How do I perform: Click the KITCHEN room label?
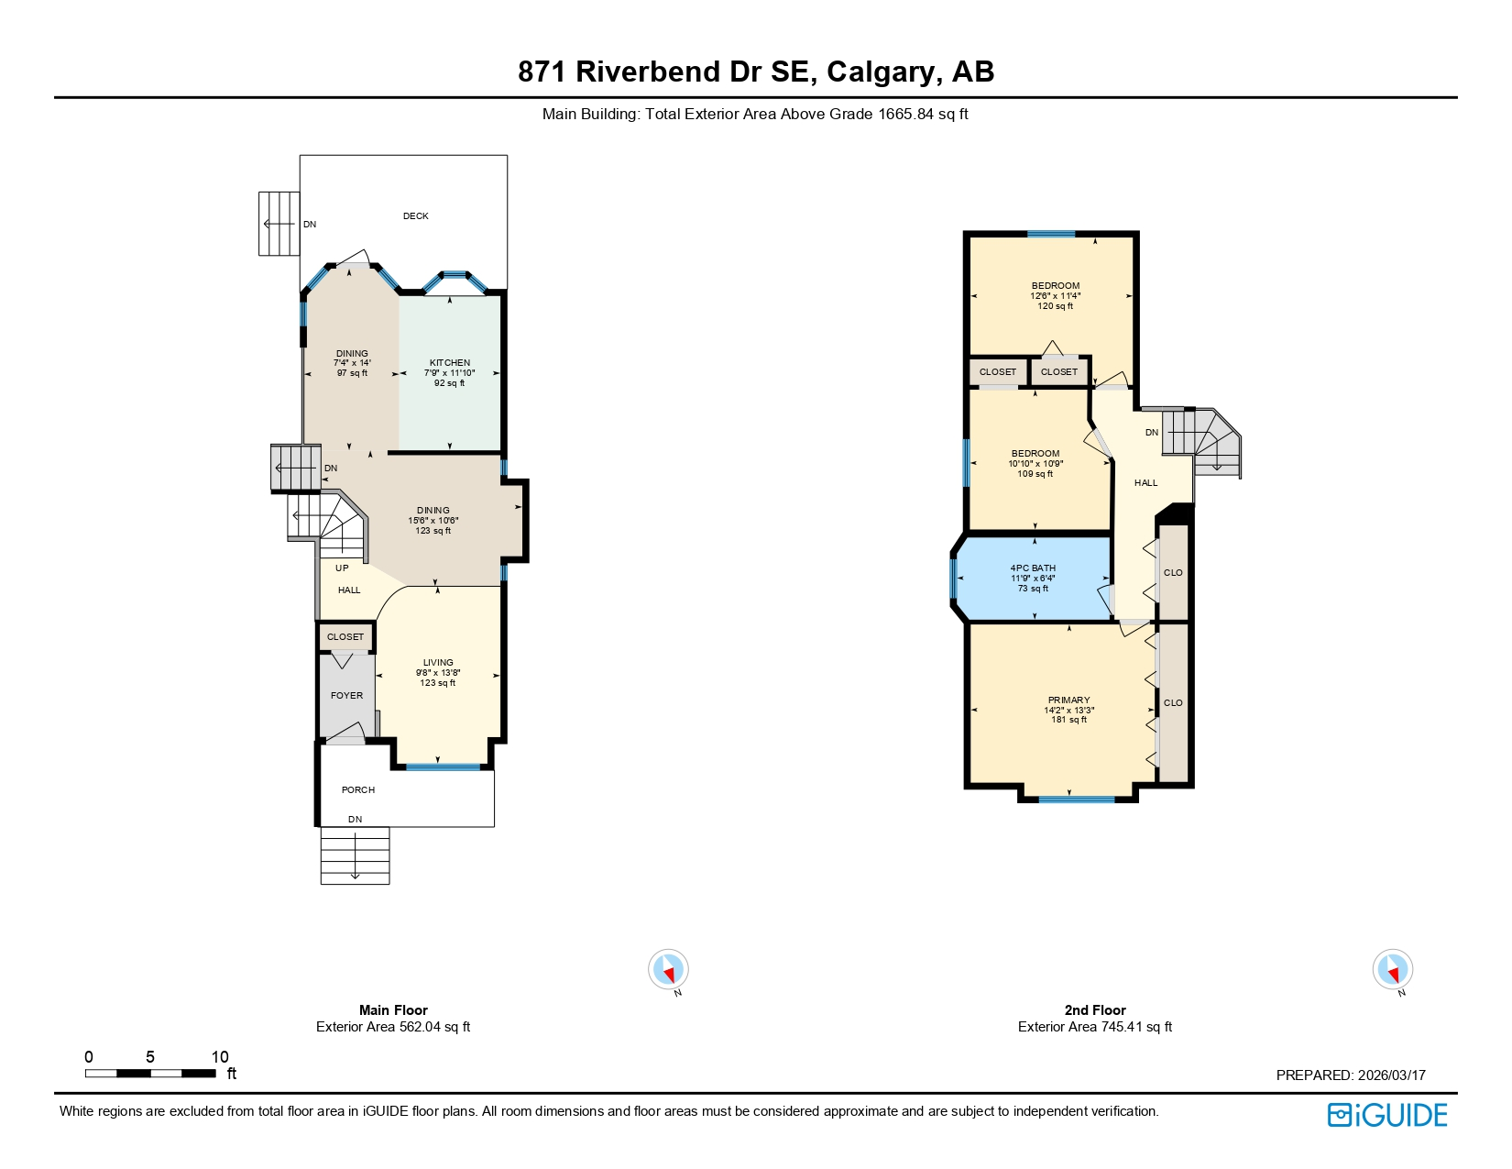pos(449,363)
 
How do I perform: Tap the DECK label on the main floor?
pos(415,216)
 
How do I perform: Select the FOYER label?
pos(346,696)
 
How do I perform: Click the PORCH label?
pos(358,790)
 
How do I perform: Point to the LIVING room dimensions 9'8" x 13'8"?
pos(438,673)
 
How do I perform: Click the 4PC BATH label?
pos(1033,568)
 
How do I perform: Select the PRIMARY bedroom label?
pos(1068,700)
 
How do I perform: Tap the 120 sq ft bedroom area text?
pos(1055,306)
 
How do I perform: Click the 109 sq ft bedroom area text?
pos(1035,474)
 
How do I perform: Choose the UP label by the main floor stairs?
pos(342,568)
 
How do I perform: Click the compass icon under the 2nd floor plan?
pos(1392,969)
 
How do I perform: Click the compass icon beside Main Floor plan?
pos(668,969)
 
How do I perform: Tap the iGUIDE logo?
pos(1387,1115)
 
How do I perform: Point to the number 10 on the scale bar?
pos(220,1057)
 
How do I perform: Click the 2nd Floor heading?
pos(1094,1010)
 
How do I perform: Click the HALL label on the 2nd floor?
pos(1145,483)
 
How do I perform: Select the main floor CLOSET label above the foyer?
pos(345,637)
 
